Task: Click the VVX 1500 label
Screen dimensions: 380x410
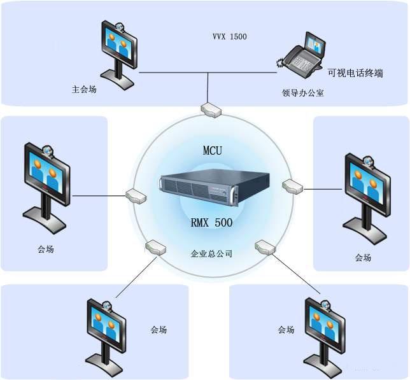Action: click(x=229, y=37)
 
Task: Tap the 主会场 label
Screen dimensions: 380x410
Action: click(x=84, y=89)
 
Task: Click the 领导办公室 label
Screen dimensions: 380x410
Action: click(x=303, y=93)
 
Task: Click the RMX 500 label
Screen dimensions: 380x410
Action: click(x=212, y=223)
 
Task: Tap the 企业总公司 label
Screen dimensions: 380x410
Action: click(x=211, y=253)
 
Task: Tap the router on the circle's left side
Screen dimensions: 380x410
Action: click(x=136, y=194)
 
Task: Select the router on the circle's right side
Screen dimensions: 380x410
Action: click(x=292, y=186)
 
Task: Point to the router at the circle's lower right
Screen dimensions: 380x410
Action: click(x=264, y=246)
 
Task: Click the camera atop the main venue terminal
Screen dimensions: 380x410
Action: click(x=119, y=27)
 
